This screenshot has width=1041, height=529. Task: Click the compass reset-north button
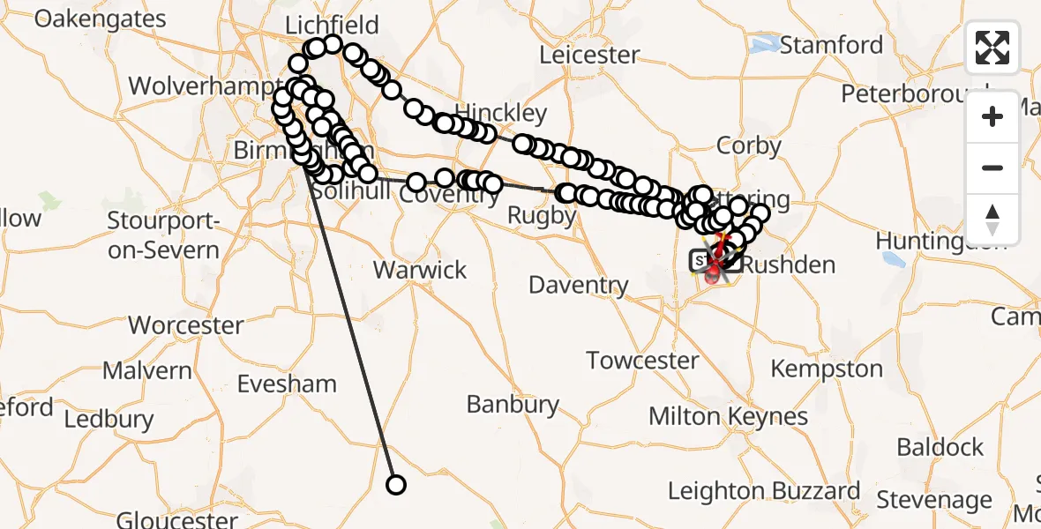tap(992, 220)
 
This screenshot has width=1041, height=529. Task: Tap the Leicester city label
tap(588, 55)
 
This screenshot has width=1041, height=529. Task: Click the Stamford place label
tap(831, 45)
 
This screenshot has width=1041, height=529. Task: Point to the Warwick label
tap(420, 270)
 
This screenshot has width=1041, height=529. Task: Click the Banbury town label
tap(513, 405)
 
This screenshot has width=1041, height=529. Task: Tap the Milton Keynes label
tap(728, 416)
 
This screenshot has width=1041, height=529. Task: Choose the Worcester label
tap(185, 325)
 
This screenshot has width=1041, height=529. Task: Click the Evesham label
tap(287, 384)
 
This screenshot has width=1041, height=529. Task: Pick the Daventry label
tap(579, 285)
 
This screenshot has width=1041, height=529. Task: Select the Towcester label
tap(642, 361)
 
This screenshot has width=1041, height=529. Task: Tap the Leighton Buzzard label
tap(764, 491)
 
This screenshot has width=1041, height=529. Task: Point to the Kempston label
tap(827, 369)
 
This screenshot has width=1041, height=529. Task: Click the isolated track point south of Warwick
tap(396, 485)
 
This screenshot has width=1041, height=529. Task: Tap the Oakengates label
tap(100, 19)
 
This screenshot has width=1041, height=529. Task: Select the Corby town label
tap(749, 145)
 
